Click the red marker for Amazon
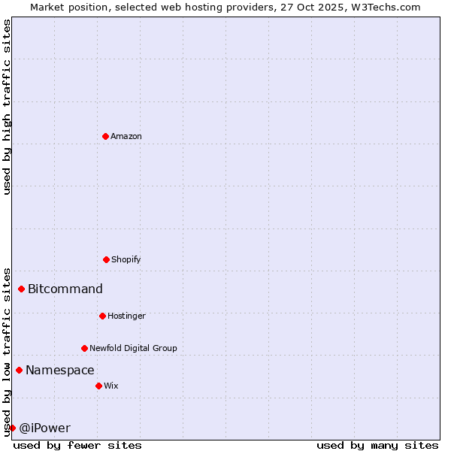(105, 136)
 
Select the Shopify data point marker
(106, 259)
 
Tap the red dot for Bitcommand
(22, 289)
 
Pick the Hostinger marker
(102, 316)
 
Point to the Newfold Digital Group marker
(84, 348)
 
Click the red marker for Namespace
(19, 370)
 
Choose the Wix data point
(98, 386)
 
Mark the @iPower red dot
(12, 428)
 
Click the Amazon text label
(126, 136)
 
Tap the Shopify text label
(126, 259)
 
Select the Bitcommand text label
(65, 289)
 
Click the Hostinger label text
(126, 316)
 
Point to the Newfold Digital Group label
(134, 348)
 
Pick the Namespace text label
(60, 370)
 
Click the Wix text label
(111, 386)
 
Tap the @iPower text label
(45, 428)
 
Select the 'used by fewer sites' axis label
(77, 445)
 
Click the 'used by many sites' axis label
(377, 445)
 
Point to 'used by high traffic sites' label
(7, 107)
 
